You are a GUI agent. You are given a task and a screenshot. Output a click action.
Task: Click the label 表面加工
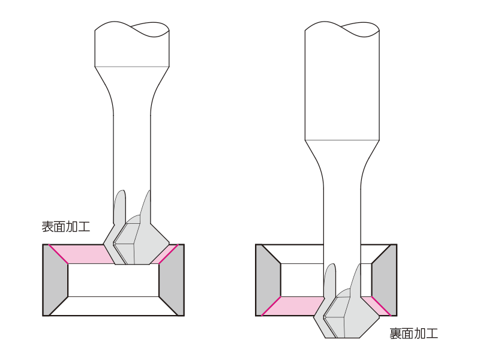(x=66, y=227)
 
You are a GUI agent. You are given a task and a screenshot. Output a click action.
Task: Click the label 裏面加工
(x=413, y=334)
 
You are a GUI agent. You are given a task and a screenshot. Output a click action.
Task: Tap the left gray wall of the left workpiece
(x=55, y=280)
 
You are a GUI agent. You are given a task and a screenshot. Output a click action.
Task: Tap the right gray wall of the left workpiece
(x=172, y=280)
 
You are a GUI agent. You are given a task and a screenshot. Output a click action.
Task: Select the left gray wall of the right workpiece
(x=268, y=280)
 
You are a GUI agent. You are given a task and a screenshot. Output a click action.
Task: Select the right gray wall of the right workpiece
(x=385, y=280)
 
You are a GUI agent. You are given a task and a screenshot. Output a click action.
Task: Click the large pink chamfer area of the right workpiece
(x=294, y=306)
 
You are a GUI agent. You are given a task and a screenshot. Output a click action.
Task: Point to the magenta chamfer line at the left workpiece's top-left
(x=58, y=254)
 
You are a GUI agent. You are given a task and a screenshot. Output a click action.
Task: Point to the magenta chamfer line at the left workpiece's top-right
(x=169, y=254)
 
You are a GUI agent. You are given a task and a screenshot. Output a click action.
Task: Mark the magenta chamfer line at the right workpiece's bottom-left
(x=271, y=306)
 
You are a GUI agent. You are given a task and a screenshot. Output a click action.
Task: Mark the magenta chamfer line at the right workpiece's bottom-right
(x=382, y=306)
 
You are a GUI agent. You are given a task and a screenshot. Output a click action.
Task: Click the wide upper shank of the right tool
(x=342, y=86)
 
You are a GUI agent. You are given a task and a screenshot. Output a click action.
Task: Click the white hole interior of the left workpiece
(x=113, y=280)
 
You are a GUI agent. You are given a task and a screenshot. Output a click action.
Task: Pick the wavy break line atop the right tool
(x=342, y=28)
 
